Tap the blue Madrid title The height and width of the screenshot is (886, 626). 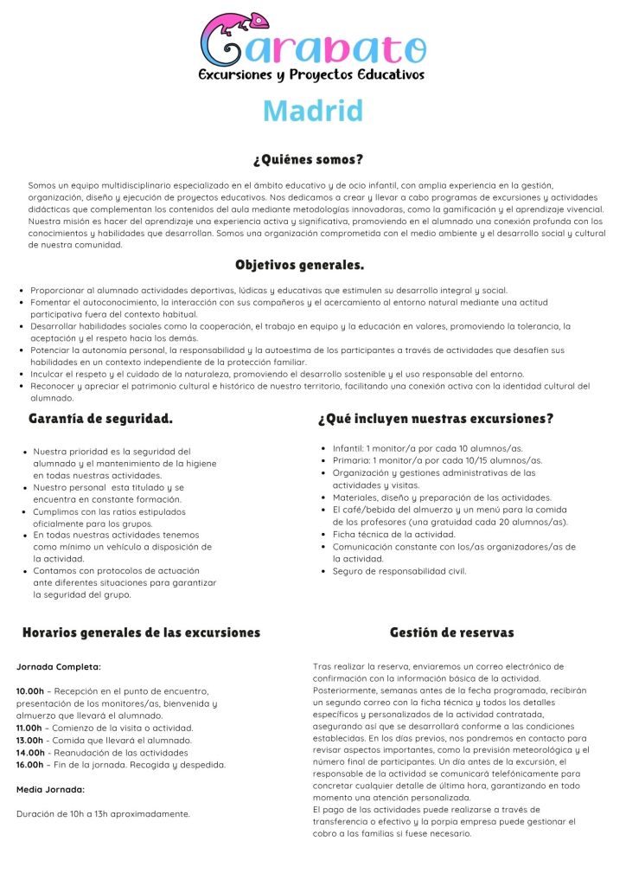313,111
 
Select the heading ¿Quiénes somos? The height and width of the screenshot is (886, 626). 308,160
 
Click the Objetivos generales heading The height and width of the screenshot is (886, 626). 299,265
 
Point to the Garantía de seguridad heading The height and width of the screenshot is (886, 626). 100,419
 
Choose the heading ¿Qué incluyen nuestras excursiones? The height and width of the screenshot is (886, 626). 436,419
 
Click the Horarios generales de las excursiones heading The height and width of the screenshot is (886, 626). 141,632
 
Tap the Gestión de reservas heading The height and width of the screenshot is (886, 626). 451,632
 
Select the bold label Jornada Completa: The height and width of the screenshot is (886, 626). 58,667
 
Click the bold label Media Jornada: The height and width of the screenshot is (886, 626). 50,789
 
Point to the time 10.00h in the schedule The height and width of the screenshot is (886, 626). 30,691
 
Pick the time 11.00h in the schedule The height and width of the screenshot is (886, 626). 30,728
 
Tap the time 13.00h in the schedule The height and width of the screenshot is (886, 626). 30,740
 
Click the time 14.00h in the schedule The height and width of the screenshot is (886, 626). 30,752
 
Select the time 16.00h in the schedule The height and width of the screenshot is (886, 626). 30,764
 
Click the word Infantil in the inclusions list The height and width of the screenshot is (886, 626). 348,448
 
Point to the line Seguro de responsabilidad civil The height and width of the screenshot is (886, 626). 399,571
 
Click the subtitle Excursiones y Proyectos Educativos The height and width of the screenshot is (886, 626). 312,75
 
